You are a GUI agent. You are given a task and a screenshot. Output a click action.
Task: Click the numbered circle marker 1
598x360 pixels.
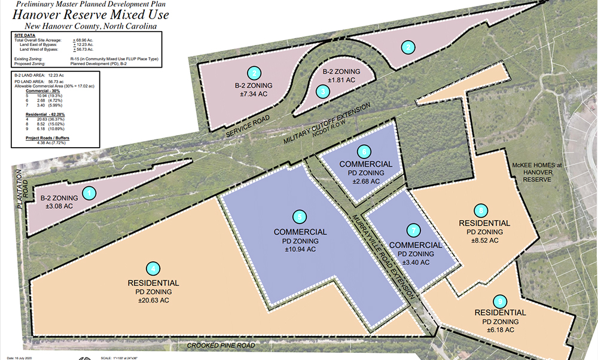click(x=89, y=193)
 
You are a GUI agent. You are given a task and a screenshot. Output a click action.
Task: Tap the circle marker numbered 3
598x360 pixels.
click(x=323, y=91)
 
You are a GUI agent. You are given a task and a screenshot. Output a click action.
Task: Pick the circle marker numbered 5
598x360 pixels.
click(x=300, y=216)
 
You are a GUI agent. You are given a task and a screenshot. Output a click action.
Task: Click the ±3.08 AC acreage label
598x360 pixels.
click(x=60, y=205)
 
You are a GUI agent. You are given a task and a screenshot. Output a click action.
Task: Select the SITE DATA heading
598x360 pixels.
click(x=26, y=36)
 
